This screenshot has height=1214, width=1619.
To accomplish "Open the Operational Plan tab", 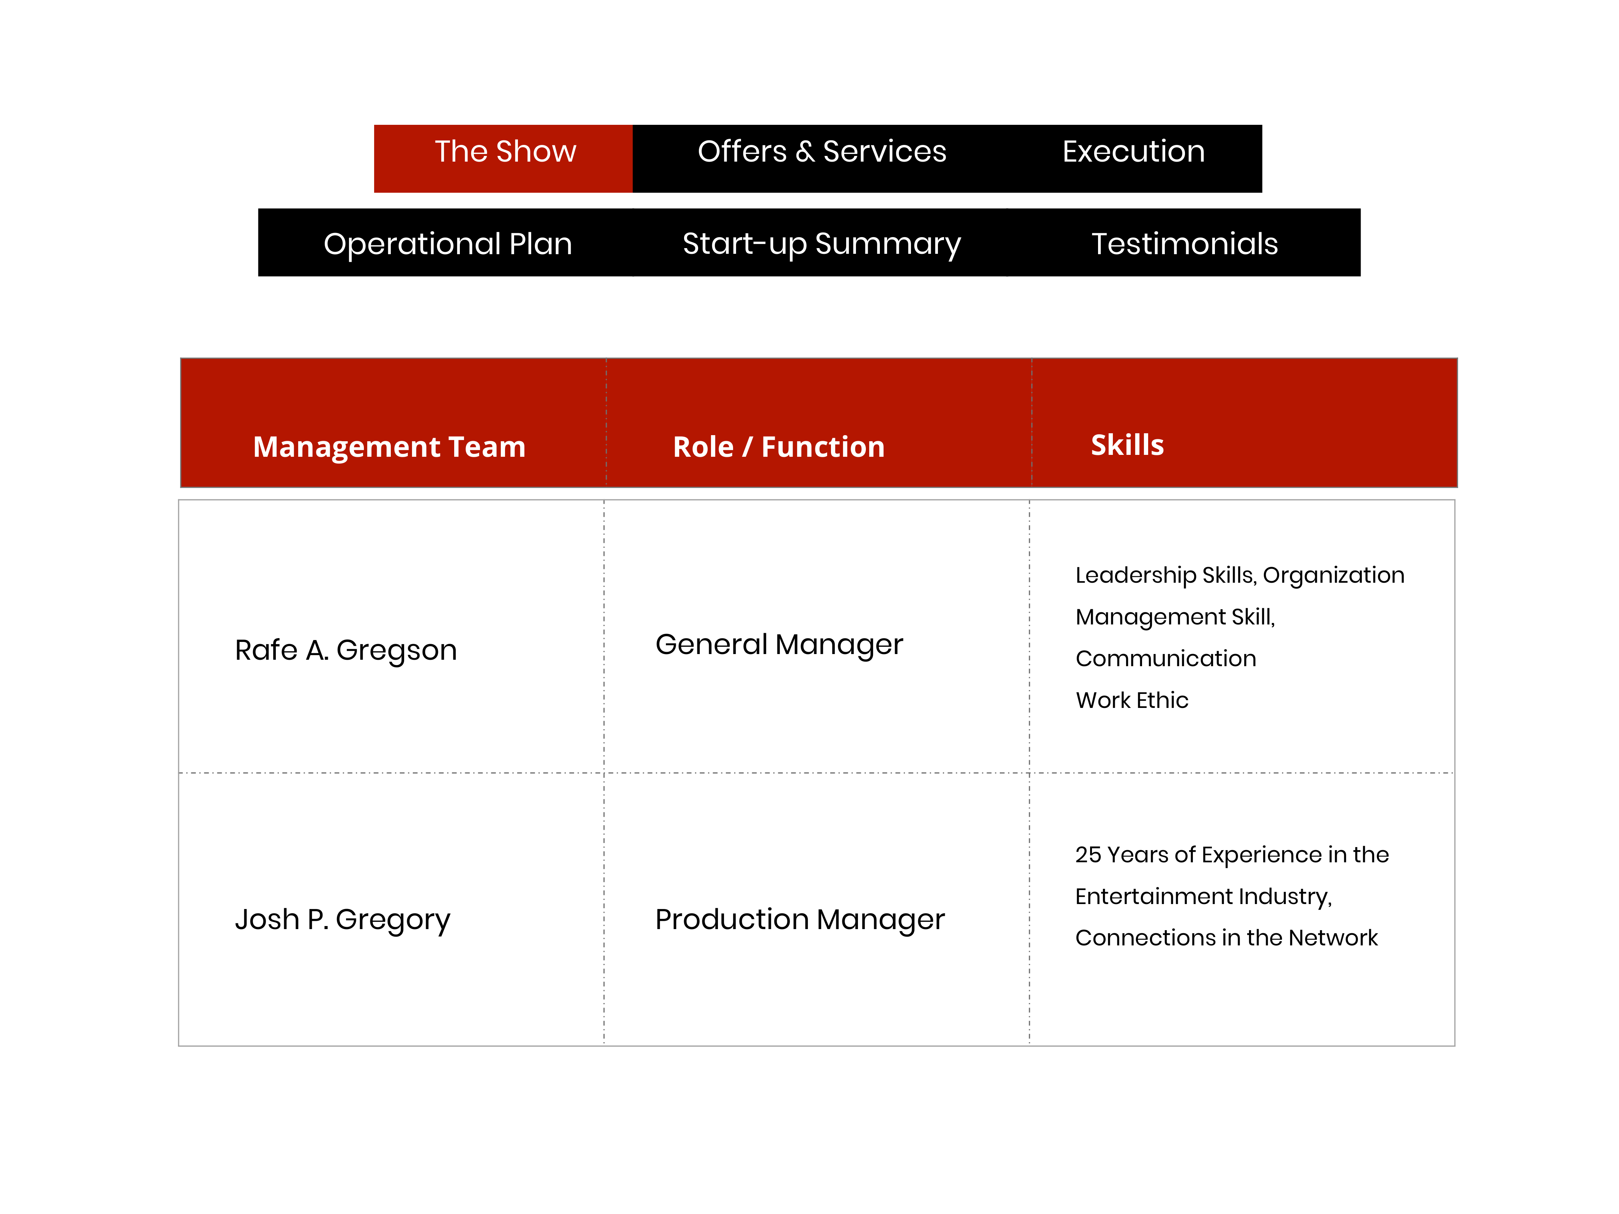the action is click(x=447, y=242).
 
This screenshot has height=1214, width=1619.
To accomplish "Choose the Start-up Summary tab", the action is click(x=821, y=242).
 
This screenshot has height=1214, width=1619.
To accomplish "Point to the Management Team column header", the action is click(x=389, y=447).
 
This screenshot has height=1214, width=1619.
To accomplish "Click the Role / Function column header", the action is click(x=779, y=447).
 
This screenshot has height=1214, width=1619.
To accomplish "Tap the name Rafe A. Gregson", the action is click(x=345, y=650).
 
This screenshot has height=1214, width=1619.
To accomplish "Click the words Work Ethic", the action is click(x=1131, y=700).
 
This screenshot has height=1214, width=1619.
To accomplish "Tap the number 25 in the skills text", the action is click(x=1088, y=855).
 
